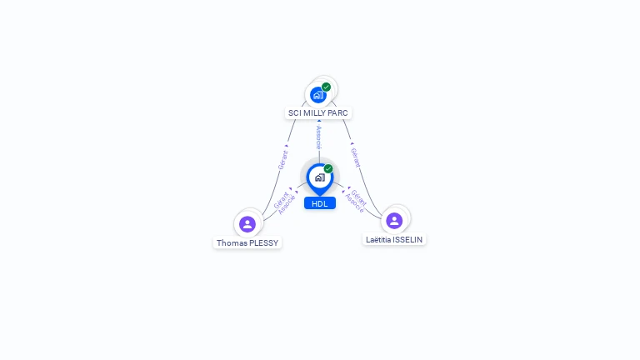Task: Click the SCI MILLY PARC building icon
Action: pos(317,95)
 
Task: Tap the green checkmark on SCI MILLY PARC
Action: pos(327,87)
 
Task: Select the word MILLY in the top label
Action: pos(317,112)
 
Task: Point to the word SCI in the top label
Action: pos(295,112)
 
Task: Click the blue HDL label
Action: pos(320,203)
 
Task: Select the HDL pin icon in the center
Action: pos(319,177)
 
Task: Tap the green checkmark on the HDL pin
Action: pos(328,168)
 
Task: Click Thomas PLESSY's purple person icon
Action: pos(247,223)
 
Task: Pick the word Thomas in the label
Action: pos(231,243)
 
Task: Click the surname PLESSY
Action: pos(263,243)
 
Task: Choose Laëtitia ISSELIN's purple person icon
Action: pos(394,220)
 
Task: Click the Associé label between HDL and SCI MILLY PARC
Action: pos(318,137)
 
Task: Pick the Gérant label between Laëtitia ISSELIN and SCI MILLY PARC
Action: pos(356,157)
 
